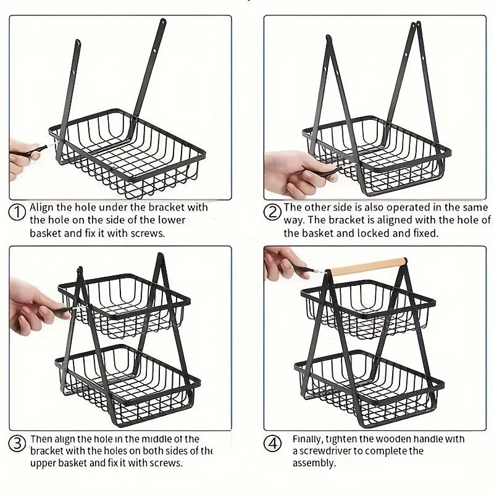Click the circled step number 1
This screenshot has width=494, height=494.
pyautogui.click(x=17, y=213)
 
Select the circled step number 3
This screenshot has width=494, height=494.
pyautogui.click(x=17, y=443)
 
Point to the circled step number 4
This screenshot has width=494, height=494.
pyautogui.click(x=272, y=443)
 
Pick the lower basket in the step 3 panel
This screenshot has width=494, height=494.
pyautogui.click(x=133, y=377)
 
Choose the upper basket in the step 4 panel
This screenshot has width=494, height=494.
pyautogui.click(x=367, y=306)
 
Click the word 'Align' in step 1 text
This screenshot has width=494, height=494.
pyautogui.click(x=42, y=207)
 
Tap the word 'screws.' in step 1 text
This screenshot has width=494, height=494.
pyautogui.click(x=151, y=233)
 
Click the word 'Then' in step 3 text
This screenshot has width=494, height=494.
pyautogui.click(x=41, y=438)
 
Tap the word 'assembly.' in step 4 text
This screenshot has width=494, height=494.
pyautogui.click(x=314, y=463)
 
